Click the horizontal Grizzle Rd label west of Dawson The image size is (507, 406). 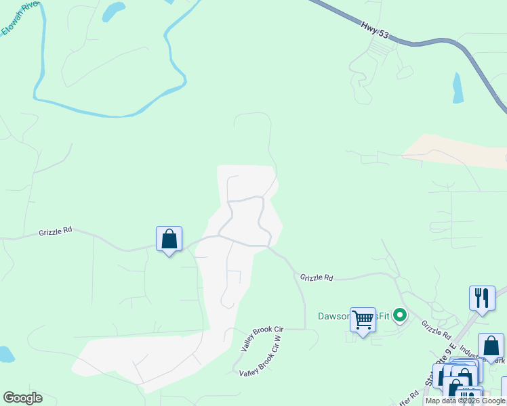317,277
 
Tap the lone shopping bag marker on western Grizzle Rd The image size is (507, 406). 169,240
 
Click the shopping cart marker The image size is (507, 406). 363,319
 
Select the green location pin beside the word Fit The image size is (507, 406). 400,315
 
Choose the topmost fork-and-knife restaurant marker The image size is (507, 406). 482,298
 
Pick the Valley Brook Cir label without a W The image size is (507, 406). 262,337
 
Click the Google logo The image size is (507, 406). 22,398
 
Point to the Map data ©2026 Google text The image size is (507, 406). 465,401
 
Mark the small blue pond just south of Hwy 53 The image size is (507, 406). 458,87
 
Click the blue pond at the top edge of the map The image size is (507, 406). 113,10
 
